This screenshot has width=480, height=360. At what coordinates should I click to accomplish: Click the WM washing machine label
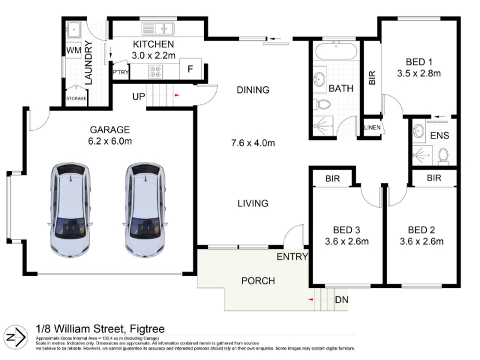point(74,50)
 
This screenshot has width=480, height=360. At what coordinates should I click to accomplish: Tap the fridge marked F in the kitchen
point(190,69)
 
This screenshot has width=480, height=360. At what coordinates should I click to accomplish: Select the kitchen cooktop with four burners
point(155,71)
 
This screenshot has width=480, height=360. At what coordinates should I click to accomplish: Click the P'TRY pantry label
point(121,72)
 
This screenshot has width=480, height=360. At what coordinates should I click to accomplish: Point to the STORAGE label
point(76,98)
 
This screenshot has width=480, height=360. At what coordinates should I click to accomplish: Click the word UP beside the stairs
point(139,97)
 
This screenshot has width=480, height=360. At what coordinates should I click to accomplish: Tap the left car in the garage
point(71,210)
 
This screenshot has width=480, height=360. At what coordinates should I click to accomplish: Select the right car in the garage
point(145,210)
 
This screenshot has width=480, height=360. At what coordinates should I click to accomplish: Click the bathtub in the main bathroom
point(336,51)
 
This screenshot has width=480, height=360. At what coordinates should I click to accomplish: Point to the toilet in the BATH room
point(322,104)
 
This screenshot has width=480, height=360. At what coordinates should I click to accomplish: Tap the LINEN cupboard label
point(372,127)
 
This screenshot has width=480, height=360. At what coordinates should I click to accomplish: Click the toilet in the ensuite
point(443,155)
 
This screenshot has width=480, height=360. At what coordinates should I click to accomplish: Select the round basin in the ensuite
point(418,131)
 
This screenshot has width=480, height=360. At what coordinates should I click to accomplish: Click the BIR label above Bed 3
point(332,178)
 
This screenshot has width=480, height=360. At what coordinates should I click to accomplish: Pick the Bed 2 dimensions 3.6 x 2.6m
point(422,242)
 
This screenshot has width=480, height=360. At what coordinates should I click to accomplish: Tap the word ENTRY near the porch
point(292,257)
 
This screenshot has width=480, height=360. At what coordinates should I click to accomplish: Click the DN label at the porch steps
point(341,299)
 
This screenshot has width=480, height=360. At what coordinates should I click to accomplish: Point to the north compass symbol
point(16,338)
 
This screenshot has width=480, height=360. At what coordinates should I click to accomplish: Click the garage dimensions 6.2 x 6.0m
point(110,142)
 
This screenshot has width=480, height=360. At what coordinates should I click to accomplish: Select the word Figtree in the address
point(147,329)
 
